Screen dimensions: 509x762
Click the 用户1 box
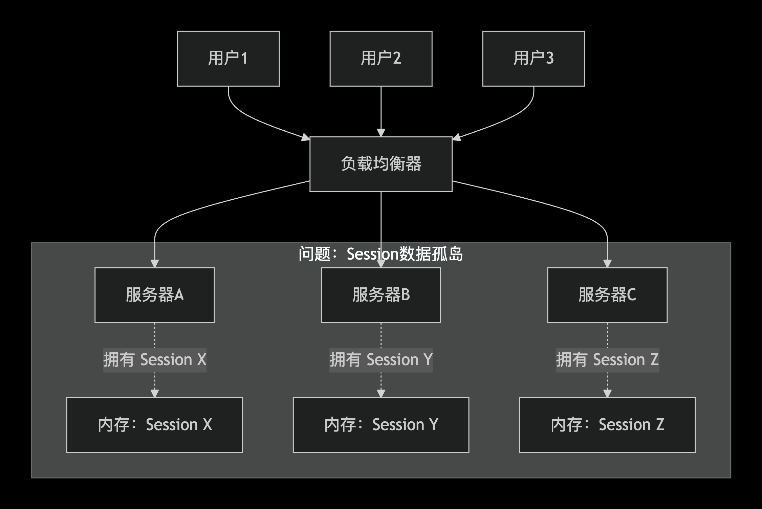228,59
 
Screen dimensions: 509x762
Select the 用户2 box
381,59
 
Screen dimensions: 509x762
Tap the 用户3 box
534,59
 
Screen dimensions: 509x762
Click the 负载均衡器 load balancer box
381,164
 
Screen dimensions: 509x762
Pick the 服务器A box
154,295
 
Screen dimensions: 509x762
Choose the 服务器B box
381,295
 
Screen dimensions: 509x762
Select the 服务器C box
607,295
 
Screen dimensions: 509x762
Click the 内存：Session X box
154,425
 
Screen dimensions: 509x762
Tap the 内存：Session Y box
381,425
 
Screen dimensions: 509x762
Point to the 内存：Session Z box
607,425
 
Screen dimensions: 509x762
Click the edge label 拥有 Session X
154,360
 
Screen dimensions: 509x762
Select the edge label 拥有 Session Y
381,360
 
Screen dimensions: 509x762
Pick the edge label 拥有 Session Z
607,360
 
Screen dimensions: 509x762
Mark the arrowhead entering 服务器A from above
154,264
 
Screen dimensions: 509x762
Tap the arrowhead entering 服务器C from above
607,264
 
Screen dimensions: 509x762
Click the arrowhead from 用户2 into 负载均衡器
381,133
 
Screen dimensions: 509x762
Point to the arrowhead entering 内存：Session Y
381,394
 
